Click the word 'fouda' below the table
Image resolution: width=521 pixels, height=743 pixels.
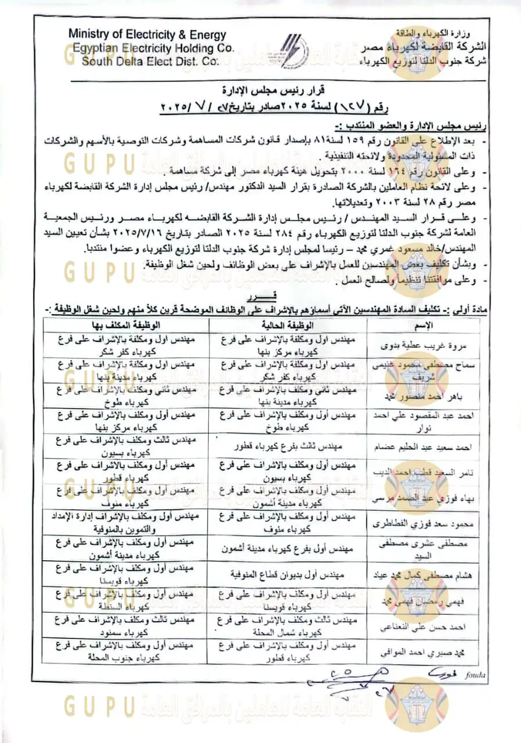(475, 675)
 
